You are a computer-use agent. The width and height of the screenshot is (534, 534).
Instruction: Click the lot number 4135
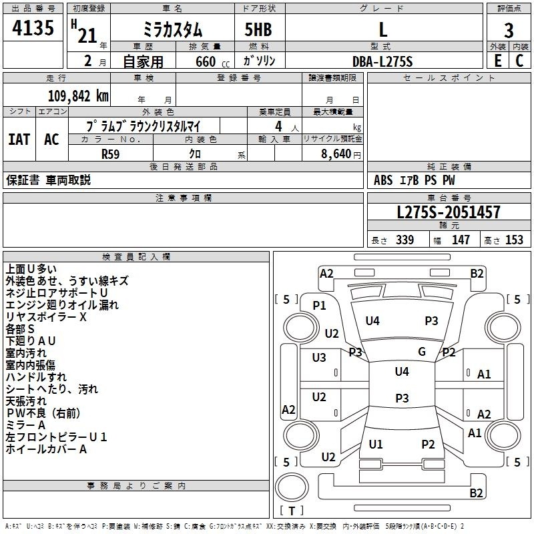point(33,27)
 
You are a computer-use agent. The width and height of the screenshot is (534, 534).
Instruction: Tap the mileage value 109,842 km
point(78,96)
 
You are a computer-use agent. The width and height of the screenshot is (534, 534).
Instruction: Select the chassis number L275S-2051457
point(449,212)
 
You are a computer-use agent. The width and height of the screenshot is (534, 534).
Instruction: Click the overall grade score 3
point(509,31)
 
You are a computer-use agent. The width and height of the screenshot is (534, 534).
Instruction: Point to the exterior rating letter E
point(497,61)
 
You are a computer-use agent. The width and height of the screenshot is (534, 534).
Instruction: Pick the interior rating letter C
point(519,61)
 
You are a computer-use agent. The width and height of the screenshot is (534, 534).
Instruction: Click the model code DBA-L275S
point(382,61)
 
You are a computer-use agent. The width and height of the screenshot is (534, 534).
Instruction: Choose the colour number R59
point(111,154)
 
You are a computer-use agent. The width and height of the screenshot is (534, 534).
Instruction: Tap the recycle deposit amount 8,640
point(336,154)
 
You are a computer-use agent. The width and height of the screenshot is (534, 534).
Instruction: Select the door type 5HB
point(258,29)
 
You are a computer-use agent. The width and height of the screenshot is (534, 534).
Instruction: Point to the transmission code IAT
point(19,140)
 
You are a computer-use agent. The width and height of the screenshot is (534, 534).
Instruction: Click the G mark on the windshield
point(422,352)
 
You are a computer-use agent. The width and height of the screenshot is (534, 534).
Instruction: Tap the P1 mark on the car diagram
point(320,306)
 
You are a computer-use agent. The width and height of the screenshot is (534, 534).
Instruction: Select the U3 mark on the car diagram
point(319,358)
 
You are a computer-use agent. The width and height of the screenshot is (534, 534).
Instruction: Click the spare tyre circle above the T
point(292,487)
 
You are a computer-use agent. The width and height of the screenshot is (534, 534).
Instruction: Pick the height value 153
point(514,240)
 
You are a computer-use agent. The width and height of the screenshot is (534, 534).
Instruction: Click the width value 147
point(461,240)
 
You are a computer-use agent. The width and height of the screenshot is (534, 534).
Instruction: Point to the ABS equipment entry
point(383,180)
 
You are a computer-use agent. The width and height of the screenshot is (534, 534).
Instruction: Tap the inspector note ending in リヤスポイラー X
point(46,317)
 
